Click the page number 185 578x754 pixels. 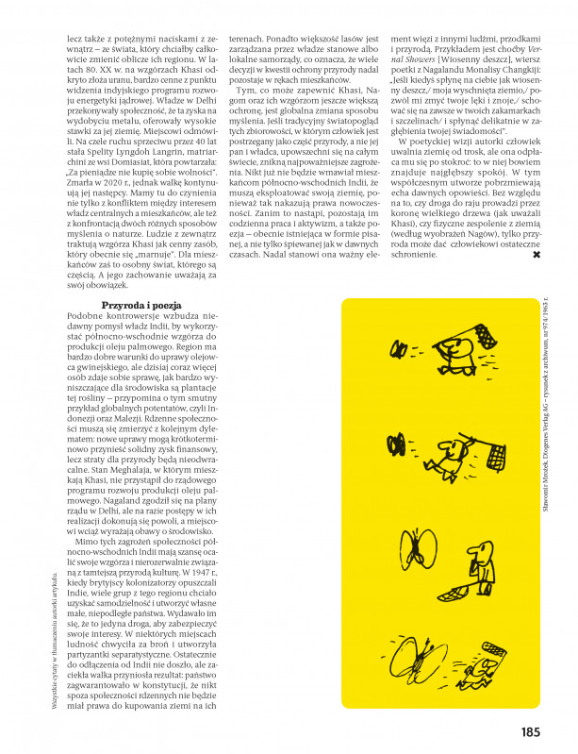pos(528,730)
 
